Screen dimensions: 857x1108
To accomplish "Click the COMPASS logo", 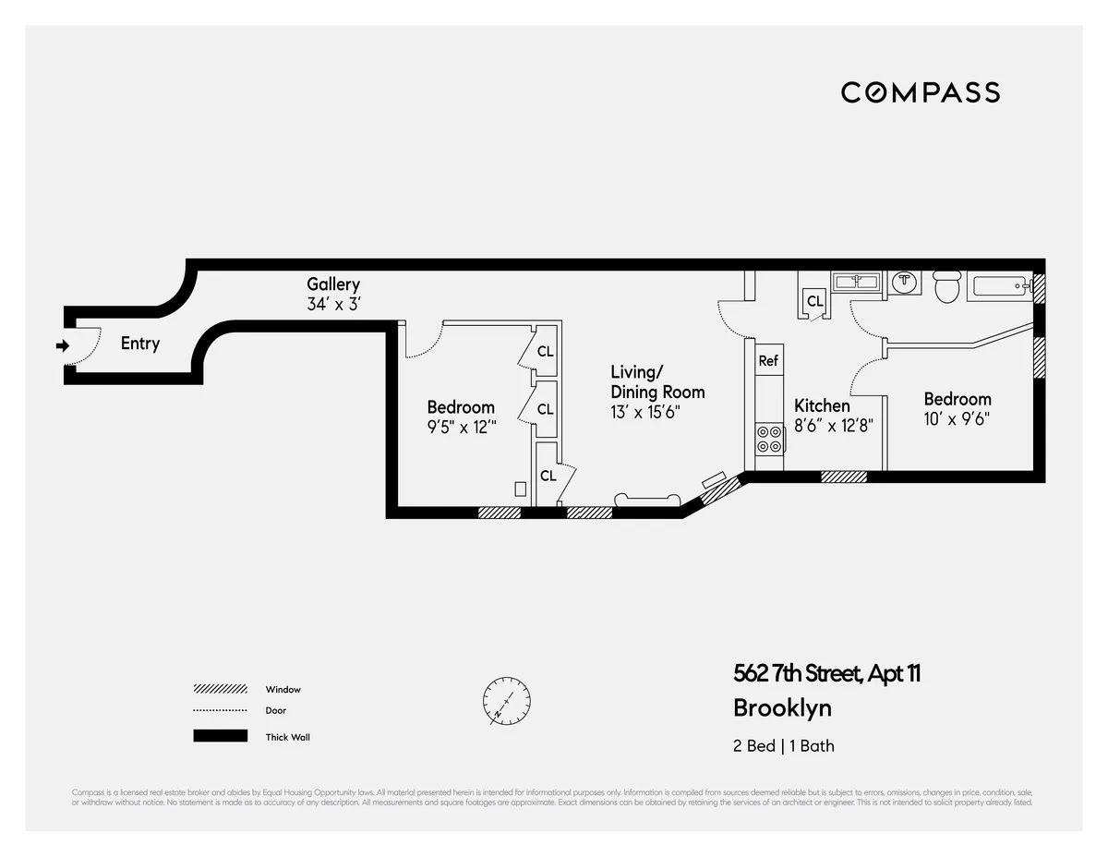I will tap(920, 92).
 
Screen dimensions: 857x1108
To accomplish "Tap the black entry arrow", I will tap(63, 346).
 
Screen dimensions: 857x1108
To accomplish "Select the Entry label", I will tap(140, 344).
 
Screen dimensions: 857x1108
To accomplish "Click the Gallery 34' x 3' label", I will tap(333, 294).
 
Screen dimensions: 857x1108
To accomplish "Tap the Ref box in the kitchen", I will tap(768, 361).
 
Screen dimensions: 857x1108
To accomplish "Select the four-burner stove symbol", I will tap(769, 438).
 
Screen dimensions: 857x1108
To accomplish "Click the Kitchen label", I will tap(822, 405).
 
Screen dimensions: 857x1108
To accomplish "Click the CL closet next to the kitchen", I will tap(814, 301).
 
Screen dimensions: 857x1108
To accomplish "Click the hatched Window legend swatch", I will tap(220, 689).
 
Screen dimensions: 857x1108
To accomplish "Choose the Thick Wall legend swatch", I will tap(220, 736).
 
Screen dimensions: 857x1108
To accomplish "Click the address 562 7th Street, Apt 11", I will tap(826, 673).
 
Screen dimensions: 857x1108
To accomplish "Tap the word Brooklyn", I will tap(782, 708).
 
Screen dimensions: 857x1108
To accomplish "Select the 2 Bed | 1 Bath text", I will tap(783, 745).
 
